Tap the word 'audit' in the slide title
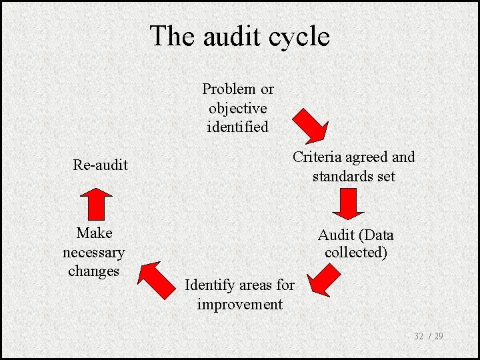tap(228, 36)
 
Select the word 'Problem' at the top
tap(229, 89)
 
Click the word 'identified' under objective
tap(238, 127)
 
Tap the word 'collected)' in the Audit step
tap(356, 253)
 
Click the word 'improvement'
tap(239, 305)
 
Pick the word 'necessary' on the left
tap(93, 253)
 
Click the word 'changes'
tap(93, 271)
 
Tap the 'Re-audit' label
tap(100, 165)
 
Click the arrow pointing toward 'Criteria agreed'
tap(311, 124)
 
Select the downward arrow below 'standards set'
tap(348, 204)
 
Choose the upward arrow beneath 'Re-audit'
tap(98, 203)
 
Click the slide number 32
tap(419, 336)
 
